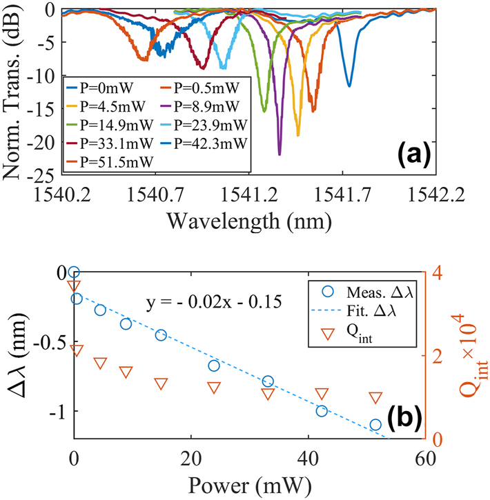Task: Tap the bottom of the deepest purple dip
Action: coord(280,154)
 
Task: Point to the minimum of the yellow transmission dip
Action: coord(298,134)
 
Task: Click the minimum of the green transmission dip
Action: coord(264,110)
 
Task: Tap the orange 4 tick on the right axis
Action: coord(438,272)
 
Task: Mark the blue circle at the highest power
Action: coord(375,425)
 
